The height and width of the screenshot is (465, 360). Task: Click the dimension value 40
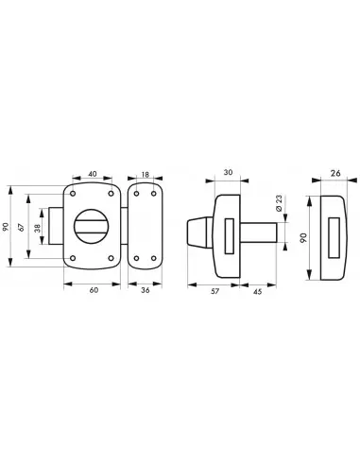(93, 174)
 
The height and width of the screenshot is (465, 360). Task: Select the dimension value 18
(145, 175)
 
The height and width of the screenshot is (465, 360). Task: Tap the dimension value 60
(94, 290)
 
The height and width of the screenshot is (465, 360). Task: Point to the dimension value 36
(146, 290)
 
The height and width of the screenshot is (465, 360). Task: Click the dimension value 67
(21, 227)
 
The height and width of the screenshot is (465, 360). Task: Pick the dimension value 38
(38, 228)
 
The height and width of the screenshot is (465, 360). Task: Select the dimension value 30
(228, 172)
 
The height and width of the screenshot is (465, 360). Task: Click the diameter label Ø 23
(279, 203)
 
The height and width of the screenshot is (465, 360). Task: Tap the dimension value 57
(214, 291)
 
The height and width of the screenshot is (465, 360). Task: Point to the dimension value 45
(258, 292)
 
